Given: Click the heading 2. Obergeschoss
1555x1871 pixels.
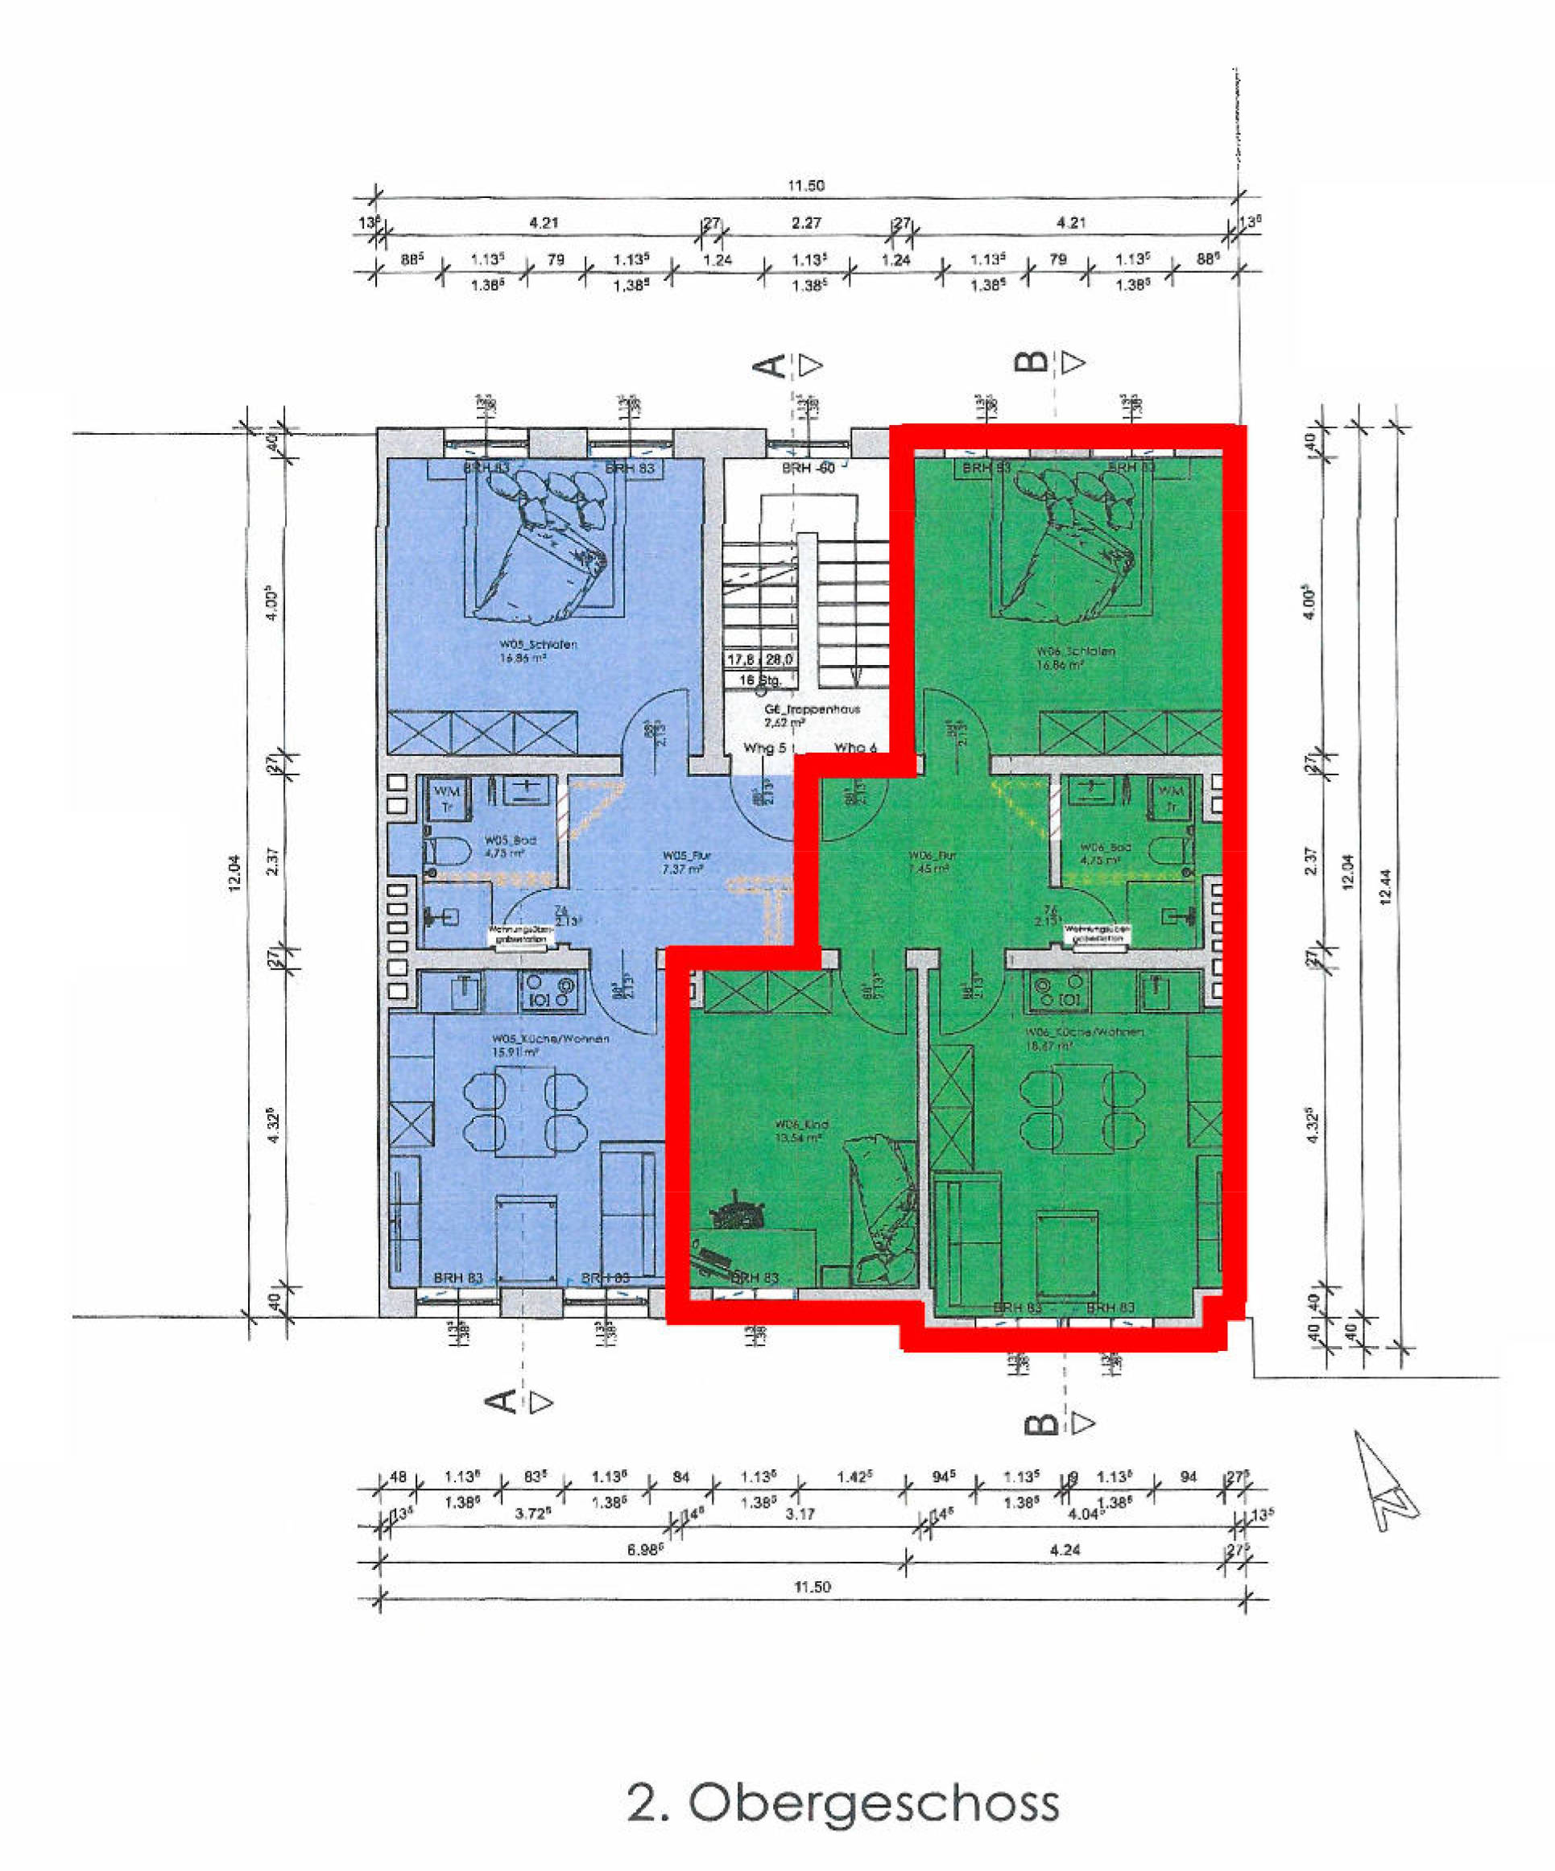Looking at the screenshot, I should point(843,1803).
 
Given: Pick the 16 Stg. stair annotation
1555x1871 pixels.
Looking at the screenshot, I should point(759,679).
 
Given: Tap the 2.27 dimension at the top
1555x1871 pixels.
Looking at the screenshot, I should point(805,223).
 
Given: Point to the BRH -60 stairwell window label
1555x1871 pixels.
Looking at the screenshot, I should point(809,468).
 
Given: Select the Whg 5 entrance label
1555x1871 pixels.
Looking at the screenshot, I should point(763,749).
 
